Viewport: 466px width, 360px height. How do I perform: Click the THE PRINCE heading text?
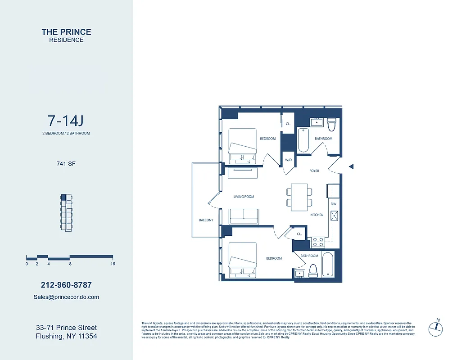[x=66, y=32]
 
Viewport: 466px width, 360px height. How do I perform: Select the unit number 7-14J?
[x=66, y=121]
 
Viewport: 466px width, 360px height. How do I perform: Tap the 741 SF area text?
[x=66, y=164]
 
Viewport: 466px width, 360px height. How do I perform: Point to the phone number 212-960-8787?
[x=66, y=285]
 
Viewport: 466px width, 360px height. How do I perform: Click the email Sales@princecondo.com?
[x=66, y=297]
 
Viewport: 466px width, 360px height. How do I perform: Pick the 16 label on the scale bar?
[x=113, y=264]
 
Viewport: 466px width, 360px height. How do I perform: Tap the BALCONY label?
[x=206, y=220]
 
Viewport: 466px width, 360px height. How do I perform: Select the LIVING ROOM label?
[x=244, y=197]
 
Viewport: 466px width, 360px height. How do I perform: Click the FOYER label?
[x=314, y=171]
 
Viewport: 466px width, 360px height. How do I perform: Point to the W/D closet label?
[x=288, y=160]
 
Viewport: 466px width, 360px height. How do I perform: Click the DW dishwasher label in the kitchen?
[x=334, y=204]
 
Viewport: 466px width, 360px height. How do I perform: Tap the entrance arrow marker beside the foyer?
[x=351, y=166]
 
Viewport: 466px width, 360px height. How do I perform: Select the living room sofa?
[x=244, y=216]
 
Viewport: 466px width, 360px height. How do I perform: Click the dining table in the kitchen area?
[x=299, y=198]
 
